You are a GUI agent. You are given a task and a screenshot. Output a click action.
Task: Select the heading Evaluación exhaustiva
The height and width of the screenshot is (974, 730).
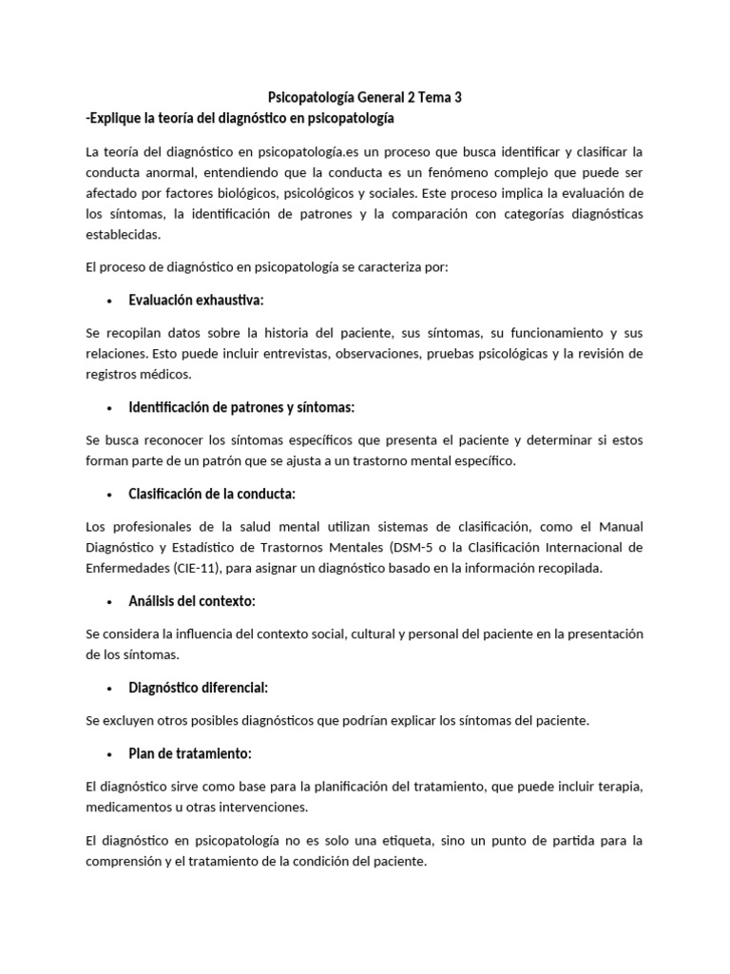click(196, 300)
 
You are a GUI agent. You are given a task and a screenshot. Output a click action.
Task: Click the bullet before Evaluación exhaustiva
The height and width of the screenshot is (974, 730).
click(109, 301)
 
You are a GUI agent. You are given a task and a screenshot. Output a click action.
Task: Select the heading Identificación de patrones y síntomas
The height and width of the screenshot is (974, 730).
click(241, 407)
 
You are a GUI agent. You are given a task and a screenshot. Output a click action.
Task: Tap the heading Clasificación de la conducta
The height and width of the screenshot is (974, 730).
click(212, 494)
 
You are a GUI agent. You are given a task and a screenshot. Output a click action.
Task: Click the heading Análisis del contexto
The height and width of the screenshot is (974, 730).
click(192, 601)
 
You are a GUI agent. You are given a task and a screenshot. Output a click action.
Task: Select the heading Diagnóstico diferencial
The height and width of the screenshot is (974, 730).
click(199, 687)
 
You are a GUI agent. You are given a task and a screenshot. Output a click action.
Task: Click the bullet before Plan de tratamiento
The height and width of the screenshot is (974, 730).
click(109, 754)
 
